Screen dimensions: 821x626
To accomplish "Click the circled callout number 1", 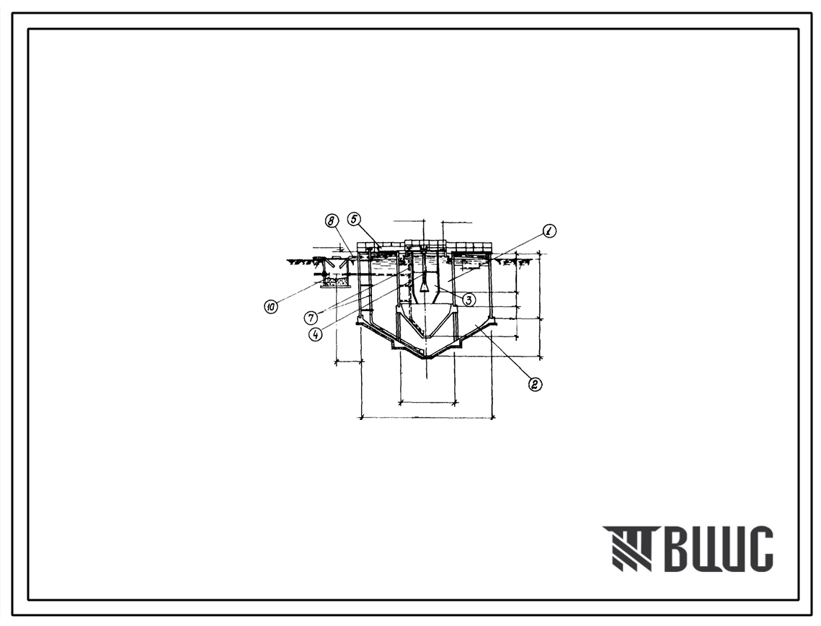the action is pyautogui.click(x=549, y=231).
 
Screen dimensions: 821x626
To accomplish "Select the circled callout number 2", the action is pyautogui.click(x=535, y=385).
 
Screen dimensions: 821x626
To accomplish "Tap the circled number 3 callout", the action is pyautogui.click(x=469, y=300).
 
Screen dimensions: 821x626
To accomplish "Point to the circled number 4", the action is pyautogui.click(x=315, y=334).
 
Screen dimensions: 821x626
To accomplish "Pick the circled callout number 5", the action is pyautogui.click(x=354, y=219).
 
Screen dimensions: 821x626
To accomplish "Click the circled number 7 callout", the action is pyautogui.click(x=312, y=317).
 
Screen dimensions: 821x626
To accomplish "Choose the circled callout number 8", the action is pyautogui.click(x=331, y=221).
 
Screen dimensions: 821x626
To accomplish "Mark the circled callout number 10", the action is pyautogui.click(x=271, y=308).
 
